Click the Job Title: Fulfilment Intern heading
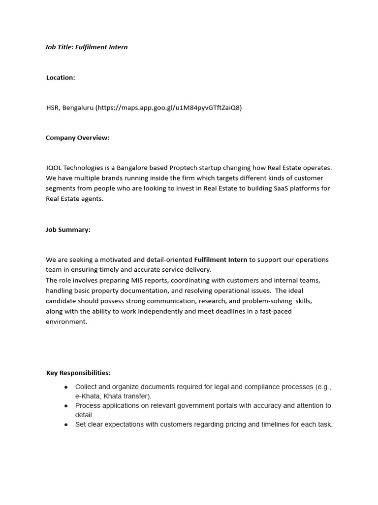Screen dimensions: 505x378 (87, 47)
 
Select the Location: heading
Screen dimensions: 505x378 (61, 77)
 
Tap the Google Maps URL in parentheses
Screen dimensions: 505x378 (169, 108)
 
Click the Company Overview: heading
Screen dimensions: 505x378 (78, 138)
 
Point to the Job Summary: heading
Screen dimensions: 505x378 (68, 230)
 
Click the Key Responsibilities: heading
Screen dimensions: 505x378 (78, 373)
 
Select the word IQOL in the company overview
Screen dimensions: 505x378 (55, 168)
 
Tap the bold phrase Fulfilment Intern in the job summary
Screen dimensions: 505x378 (220, 259)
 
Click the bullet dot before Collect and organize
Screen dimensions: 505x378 (66, 387)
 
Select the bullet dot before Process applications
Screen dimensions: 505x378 (66, 406)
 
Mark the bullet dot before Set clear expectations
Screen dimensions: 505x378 (66, 425)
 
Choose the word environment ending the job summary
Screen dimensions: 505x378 (66, 322)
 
